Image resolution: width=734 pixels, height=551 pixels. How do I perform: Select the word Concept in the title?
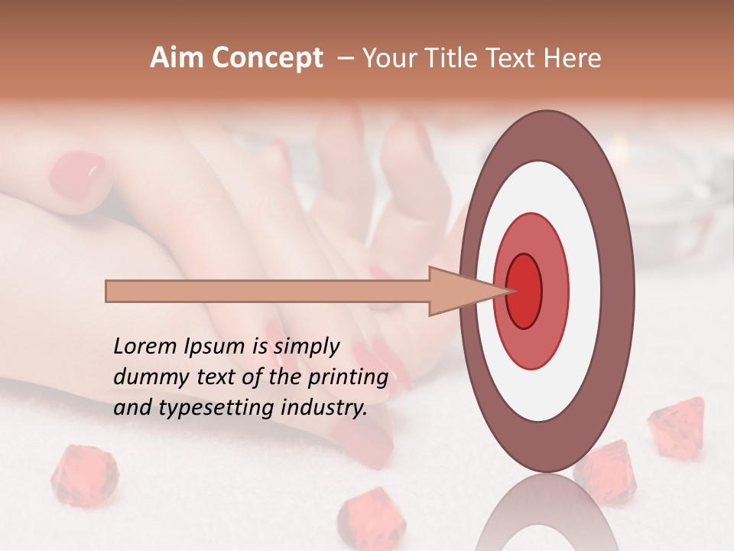[x=268, y=59]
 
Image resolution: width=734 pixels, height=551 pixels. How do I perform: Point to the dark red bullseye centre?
[x=525, y=291]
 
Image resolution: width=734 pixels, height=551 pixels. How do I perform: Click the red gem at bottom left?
[x=84, y=476]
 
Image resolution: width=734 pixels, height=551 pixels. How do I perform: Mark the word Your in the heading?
[x=390, y=58]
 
